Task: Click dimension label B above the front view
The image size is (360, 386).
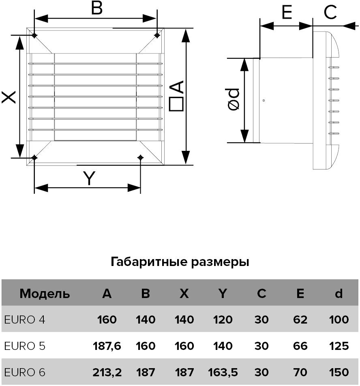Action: click(x=96, y=8)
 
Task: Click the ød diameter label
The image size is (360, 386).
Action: click(x=234, y=99)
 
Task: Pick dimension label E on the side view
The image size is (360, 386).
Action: click(x=287, y=13)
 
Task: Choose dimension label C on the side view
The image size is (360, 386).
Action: click(x=330, y=13)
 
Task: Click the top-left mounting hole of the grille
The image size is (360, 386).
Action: click(x=34, y=36)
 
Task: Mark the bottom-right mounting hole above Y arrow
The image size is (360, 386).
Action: click(x=140, y=157)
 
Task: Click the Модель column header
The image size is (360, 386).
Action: click(x=45, y=293)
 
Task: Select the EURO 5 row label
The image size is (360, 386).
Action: click(x=25, y=346)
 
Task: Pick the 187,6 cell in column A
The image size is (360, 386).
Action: click(x=107, y=346)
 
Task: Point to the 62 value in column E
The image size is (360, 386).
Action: click(x=300, y=320)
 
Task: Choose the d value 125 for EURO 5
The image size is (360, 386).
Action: click(x=339, y=346)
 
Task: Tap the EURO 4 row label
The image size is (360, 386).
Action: click(x=25, y=320)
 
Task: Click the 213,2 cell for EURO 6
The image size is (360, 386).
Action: click(x=107, y=372)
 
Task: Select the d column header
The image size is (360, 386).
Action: click(x=339, y=293)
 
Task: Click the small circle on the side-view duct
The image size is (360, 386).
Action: click(x=264, y=100)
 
